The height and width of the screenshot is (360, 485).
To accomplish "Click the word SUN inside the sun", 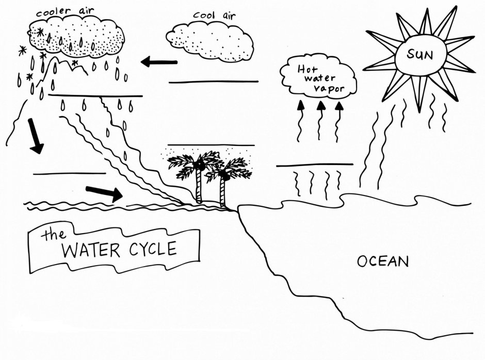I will click(x=419, y=53).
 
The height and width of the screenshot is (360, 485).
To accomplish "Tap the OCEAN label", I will click(x=383, y=261).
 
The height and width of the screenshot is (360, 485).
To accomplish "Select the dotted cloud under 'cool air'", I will click(x=209, y=40).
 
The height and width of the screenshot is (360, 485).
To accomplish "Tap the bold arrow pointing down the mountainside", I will click(x=34, y=136).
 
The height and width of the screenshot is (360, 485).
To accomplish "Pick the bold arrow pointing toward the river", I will click(x=104, y=193).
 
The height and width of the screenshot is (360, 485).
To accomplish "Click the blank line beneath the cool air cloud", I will click(x=213, y=81).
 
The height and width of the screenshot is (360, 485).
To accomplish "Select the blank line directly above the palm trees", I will click(x=211, y=145).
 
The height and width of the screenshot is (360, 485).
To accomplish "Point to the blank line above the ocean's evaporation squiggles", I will click(x=315, y=165).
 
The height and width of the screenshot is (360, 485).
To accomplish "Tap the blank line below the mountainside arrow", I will click(x=69, y=173).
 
